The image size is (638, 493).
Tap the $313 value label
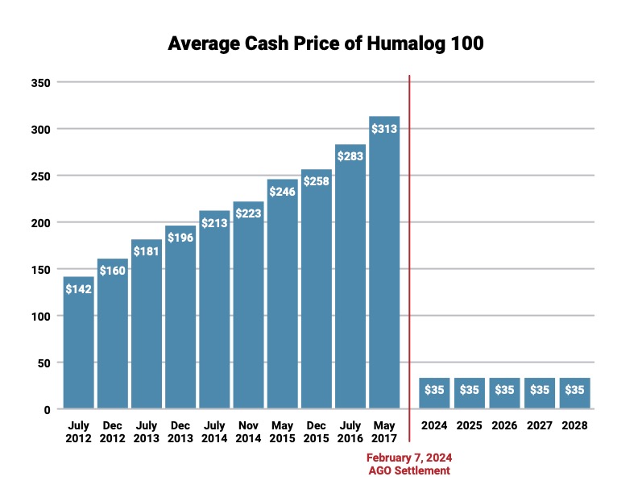[384, 128]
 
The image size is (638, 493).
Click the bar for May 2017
[384, 266]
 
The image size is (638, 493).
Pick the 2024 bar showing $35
[435, 392]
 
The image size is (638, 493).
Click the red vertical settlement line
[409, 242]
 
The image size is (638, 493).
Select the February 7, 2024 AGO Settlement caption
[409, 464]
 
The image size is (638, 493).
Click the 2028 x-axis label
[575, 425]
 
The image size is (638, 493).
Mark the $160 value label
[113, 271]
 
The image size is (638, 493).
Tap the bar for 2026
[505, 392]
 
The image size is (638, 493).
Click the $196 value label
[180, 238]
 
